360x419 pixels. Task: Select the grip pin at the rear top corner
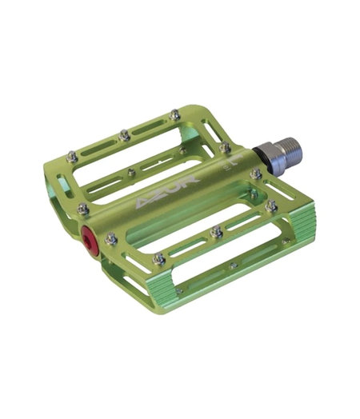pos(175,115)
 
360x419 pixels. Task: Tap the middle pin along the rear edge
pos(124,136)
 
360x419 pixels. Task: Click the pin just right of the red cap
pos(110,238)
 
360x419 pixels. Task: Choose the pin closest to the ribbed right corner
pos(272,206)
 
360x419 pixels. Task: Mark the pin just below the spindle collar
pos(255,173)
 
